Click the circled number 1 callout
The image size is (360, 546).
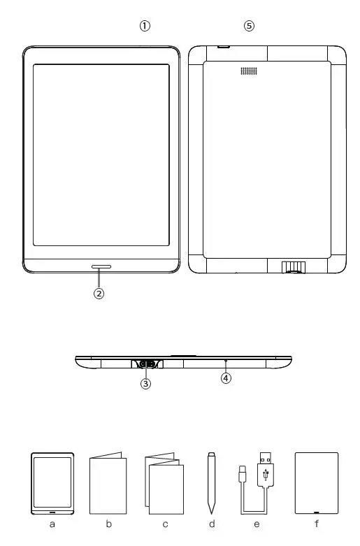point(145,26)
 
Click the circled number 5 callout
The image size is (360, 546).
point(249,26)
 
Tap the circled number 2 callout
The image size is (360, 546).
point(99,294)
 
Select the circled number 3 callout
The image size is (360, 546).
point(145,383)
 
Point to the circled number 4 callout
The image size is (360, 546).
point(226,378)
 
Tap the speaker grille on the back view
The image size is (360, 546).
point(249,71)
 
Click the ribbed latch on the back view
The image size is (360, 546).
point(294,267)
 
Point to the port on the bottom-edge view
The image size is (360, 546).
point(146,364)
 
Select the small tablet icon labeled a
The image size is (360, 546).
point(52,482)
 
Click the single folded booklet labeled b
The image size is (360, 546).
point(108,483)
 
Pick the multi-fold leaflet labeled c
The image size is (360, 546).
point(164,484)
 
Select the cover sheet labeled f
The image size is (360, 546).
point(317,483)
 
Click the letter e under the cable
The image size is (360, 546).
point(257,524)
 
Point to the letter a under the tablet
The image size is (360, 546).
point(52,524)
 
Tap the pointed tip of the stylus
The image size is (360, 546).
point(212,508)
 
